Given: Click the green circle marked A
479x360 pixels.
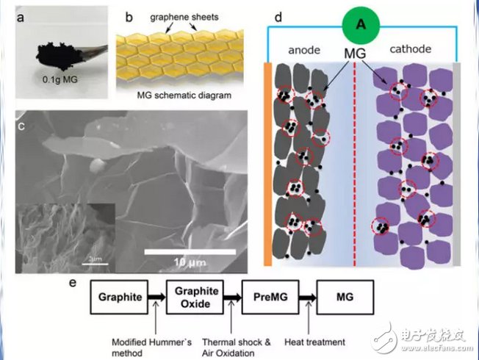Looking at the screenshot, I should coord(360,24).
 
